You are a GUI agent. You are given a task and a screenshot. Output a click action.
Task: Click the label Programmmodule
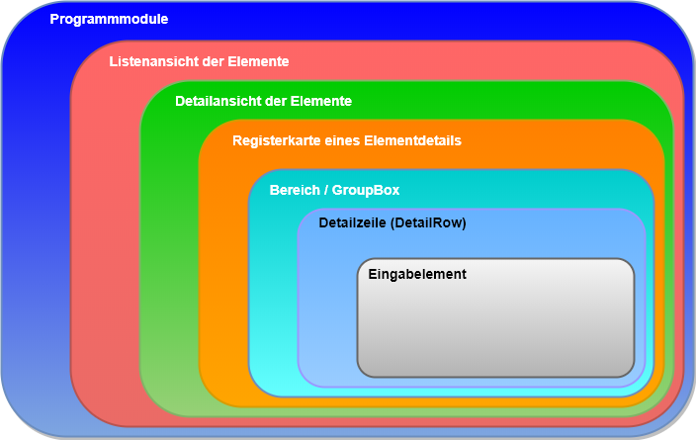point(109,19)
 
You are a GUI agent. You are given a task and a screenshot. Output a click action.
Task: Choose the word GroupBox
point(366,190)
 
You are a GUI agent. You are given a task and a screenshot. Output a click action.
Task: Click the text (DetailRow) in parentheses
point(429,223)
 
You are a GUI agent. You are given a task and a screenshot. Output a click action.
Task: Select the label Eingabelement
point(416,274)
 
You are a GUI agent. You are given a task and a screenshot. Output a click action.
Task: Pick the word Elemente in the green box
point(320,101)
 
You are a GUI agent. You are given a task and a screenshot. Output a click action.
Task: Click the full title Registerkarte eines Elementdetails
point(346,141)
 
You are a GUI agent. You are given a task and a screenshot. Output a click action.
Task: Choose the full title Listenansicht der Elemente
point(199,61)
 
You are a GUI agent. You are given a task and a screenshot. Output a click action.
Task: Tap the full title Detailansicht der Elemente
point(263,101)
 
